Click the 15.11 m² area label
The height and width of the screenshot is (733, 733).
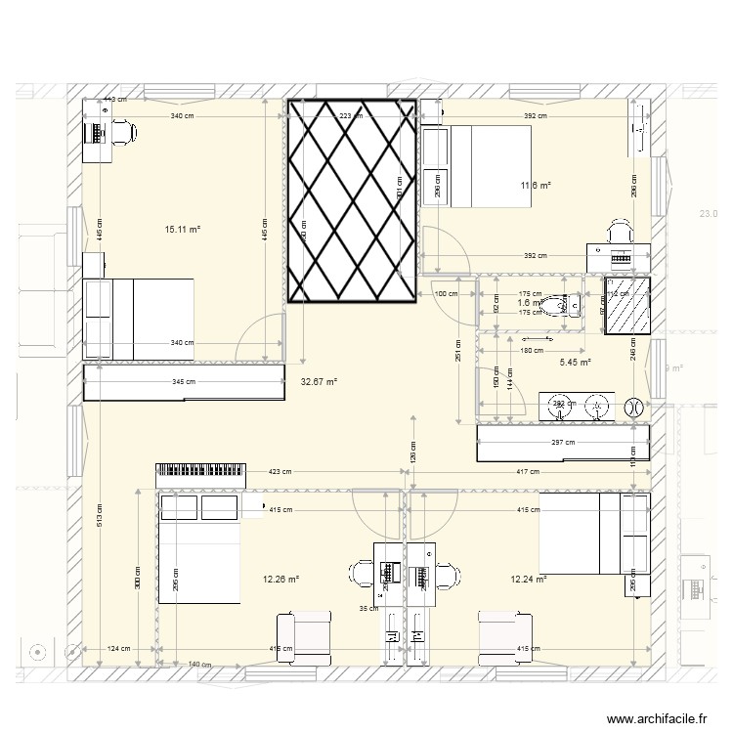[182, 230]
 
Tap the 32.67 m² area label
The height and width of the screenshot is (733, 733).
[319, 382]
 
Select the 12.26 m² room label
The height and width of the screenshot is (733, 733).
[280, 580]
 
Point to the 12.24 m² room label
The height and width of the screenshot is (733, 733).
[528, 580]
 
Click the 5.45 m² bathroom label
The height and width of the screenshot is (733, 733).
[575, 363]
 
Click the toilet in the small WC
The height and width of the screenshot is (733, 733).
[567, 305]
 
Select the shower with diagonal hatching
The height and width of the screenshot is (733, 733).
[627, 306]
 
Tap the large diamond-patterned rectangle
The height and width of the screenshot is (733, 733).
[352, 200]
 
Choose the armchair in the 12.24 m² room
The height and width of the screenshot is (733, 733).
[505, 636]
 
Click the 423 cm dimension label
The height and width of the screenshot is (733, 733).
[280, 473]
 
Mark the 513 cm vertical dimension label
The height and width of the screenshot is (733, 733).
[99, 520]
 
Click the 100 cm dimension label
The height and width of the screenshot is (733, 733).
[446, 294]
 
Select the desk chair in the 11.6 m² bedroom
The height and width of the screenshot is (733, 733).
[620, 232]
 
